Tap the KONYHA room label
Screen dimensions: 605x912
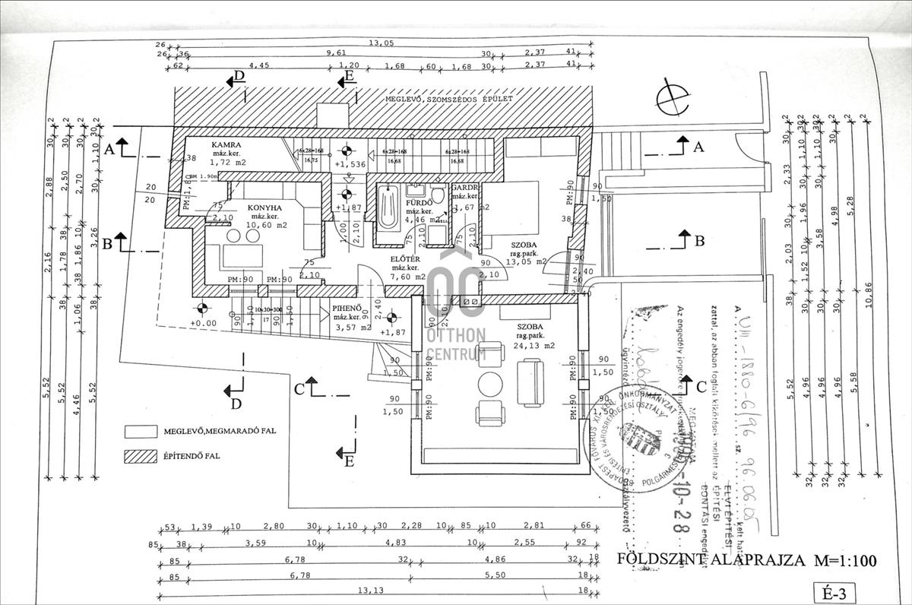tap(264, 207)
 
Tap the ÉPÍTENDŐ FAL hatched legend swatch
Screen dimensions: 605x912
tap(142, 457)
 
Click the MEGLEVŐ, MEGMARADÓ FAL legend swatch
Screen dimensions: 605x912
tap(142, 431)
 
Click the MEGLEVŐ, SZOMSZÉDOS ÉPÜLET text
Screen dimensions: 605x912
tap(448, 100)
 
